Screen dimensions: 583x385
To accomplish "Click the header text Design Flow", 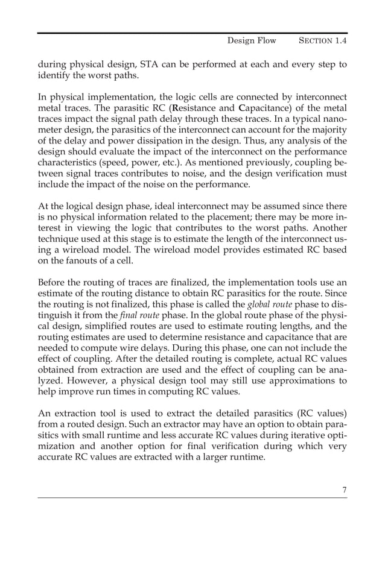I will pos(251,40).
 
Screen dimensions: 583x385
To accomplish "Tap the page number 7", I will pos(345,490).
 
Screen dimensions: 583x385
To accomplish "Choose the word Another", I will pos(329,239).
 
